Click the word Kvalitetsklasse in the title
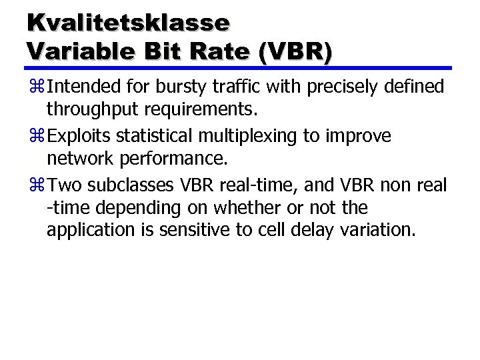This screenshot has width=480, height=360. tap(128, 22)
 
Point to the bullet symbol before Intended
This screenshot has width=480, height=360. tap(37, 87)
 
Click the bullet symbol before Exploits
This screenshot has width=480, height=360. tap(37, 136)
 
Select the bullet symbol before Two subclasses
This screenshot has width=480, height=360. tap(37, 185)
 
